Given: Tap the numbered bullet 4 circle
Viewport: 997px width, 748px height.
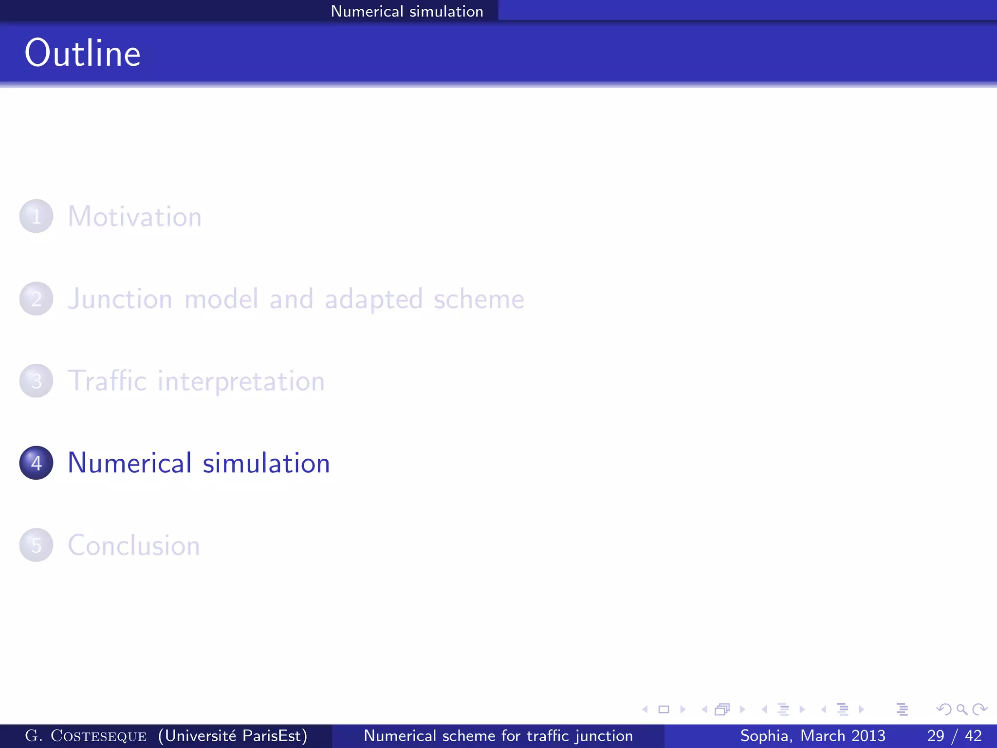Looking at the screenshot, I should coord(36,463).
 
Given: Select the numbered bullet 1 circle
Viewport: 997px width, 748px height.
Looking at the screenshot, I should coord(36,216).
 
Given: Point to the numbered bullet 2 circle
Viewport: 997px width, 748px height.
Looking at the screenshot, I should coord(36,299).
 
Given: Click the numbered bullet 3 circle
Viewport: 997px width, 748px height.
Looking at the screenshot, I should coord(36,381).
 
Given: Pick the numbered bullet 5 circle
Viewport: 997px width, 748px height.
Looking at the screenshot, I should coord(36,545).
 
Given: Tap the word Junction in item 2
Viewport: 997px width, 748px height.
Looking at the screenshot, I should coord(120,299).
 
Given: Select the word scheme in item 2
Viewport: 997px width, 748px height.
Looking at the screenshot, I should coord(479,299).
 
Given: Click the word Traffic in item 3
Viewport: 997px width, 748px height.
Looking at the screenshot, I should coord(107,381).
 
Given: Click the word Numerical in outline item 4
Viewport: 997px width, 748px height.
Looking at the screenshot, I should coord(129,463).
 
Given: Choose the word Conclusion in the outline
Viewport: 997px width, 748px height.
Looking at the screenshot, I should coord(134,545).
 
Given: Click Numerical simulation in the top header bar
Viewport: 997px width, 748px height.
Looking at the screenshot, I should coord(407,11).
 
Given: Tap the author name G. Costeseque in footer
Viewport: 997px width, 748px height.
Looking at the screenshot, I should coord(86,736).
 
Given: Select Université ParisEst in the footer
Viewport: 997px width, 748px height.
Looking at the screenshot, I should coord(233,736).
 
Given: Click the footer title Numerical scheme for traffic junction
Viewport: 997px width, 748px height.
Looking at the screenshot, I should coord(498,736).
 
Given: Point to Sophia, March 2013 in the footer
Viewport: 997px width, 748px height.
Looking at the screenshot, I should coord(812,736).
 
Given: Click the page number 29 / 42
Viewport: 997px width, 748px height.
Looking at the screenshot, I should coord(954,736).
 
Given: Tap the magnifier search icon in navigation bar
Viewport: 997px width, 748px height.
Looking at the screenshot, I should coord(961,710).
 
